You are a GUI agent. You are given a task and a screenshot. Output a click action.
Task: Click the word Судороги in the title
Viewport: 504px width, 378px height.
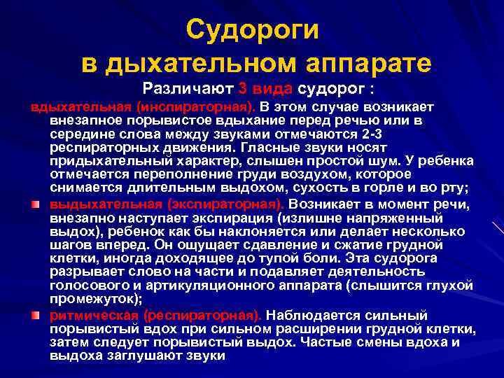(x=253, y=29)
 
